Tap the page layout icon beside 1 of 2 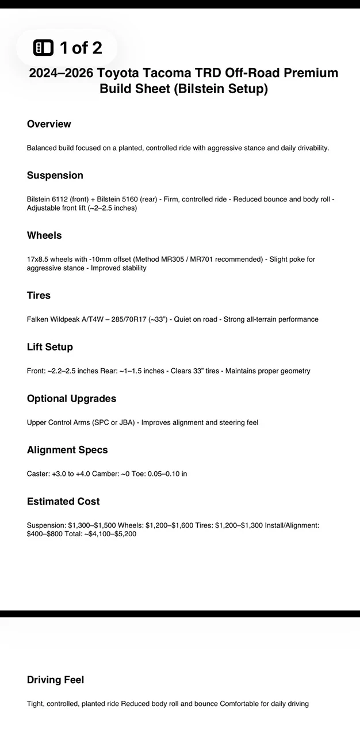[44, 48]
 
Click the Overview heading [49, 124]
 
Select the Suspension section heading [55, 175]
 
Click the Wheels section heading [44, 235]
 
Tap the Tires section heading [39, 295]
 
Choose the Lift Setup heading [49, 347]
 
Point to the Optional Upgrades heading [71, 399]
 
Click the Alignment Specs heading [67, 450]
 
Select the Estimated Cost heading [63, 502]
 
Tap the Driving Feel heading [55, 680]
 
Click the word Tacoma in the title [178, 74]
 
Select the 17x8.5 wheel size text [39, 259]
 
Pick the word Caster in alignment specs [38, 474]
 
